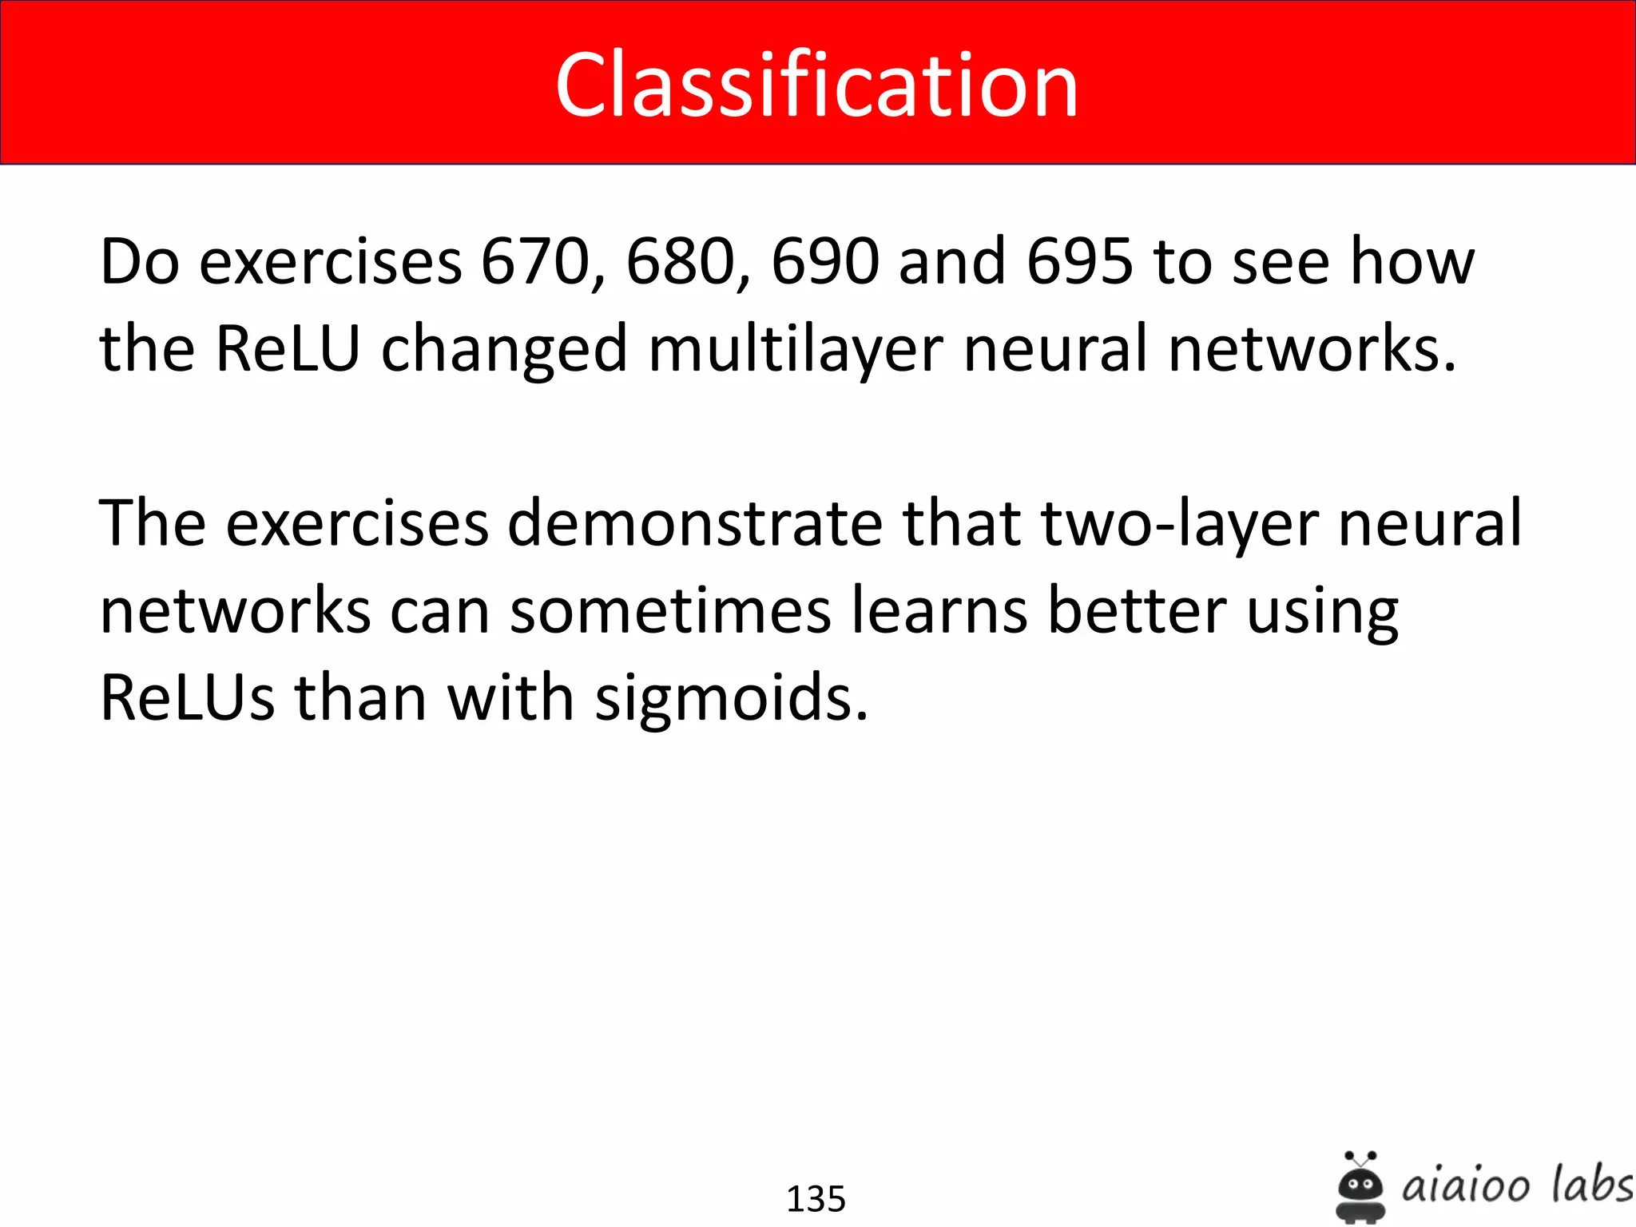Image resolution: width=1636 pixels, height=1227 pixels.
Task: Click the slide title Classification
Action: pyautogui.click(x=816, y=85)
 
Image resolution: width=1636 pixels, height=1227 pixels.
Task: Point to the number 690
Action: pyautogui.click(x=825, y=261)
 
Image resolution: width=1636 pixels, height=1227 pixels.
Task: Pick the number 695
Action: pyautogui.click(x=1079, y=261)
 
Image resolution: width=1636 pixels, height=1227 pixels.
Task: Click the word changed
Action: pyautogui.click(x=504, y=349)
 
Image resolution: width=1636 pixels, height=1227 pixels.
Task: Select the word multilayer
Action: pyautogui.click(x=796, y=349)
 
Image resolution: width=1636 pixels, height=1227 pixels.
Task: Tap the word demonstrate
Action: pyautogui.click(x=694, y=523)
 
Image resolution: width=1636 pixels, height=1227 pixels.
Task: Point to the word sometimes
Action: pyautogui.click(x=670, y=611)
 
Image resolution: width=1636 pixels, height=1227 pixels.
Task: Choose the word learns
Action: pyautogui.click(x=939, y=611)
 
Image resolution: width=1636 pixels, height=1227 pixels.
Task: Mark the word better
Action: pyautogui.click(x=1137, y=611)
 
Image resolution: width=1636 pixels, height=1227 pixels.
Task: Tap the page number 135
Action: pyautogui.click(x=816, y=1199)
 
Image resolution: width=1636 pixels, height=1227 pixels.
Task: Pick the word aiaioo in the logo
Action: pyautogui.click(x=1465, y=1186)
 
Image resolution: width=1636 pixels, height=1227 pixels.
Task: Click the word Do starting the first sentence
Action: pyautogui.click(x=139, y=261)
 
